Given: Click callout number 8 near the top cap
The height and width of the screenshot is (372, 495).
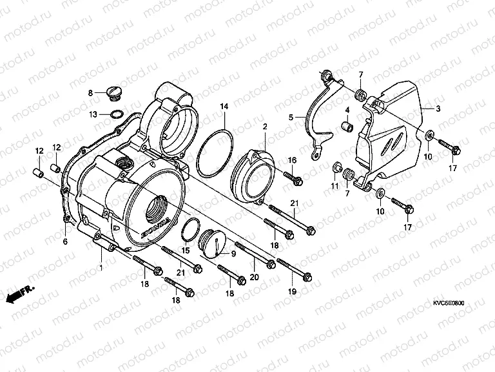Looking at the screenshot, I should click(x=91, y=93).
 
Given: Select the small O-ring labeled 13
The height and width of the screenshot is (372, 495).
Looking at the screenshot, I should click(x=117, y=115).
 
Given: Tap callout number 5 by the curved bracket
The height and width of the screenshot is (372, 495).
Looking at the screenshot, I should click(x=291, y=118).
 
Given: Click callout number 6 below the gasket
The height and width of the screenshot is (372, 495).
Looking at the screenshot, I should click(x=64, y=242).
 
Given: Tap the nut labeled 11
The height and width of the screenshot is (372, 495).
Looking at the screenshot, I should click(x=336, y=169).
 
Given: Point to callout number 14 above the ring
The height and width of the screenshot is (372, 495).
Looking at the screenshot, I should click(x=224, y=105).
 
